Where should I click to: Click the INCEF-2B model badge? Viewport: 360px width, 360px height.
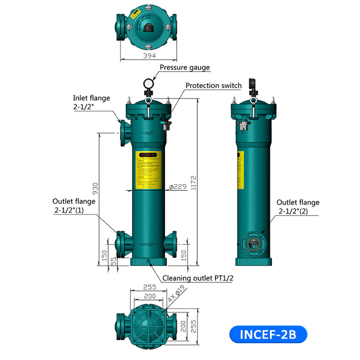268,335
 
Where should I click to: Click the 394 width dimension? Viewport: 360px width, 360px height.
149,55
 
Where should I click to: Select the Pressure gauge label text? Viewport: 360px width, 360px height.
185,67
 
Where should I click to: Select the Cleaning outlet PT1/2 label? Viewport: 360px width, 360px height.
198,278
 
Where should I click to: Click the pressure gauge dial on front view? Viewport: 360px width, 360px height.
148,83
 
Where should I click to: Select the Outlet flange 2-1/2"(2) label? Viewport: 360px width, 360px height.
297,207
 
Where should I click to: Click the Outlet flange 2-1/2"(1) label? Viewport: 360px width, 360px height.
74,206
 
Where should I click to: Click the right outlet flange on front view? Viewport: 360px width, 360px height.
171,243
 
